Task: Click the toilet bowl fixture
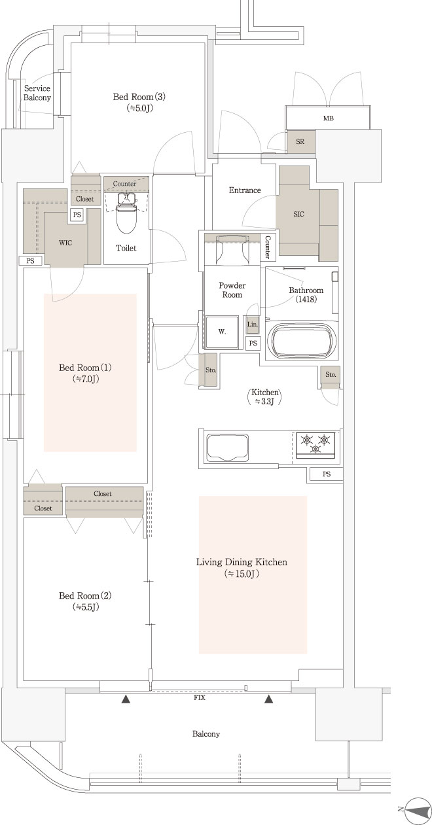(126, 214)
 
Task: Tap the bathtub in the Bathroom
(304, 341)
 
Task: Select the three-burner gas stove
(315, 445)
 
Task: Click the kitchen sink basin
(227, 447)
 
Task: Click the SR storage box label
(300, 141)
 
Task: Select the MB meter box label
(329, 118)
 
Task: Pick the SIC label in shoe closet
(298, 214)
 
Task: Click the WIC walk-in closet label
(65, 243)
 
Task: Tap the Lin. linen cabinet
(253, 325)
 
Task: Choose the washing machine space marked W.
(222, 332)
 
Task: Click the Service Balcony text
(37, 93)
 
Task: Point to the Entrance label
(245, 190)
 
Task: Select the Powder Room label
(232, 290)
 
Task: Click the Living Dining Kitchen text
(242, 562)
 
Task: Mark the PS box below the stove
(327, 474)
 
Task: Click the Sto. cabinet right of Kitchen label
(331, 375)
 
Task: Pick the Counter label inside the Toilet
(124, 183)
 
